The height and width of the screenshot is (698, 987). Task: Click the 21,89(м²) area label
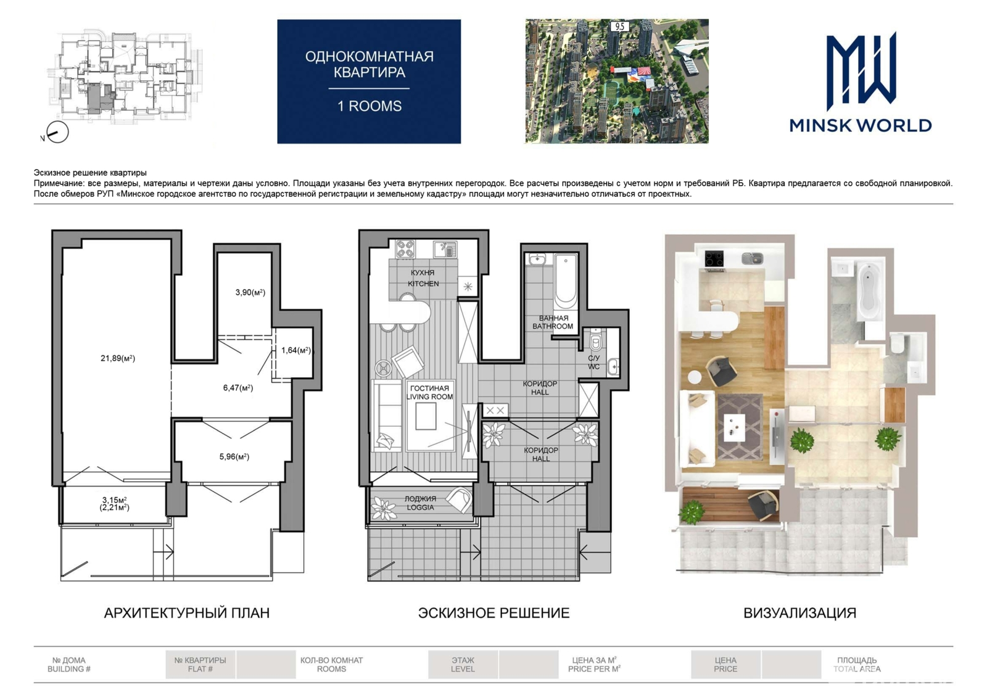tap(118, 358)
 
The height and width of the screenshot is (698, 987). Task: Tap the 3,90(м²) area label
tap(250, 292)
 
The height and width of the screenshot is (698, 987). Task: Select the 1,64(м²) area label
tap(296, 350)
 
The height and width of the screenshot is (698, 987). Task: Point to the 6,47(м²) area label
tap(238, 388)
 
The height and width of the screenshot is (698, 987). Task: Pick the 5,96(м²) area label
tap(234, 457)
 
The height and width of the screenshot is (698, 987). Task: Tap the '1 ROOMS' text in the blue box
tap(370, 106)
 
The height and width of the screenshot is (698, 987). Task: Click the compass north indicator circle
tap(58, 132)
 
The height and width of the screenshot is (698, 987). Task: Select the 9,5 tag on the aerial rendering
tap(619, 27)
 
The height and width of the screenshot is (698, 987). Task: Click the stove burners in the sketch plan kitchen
tap(405, 249)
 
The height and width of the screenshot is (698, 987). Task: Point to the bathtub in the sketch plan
tap(566, 281)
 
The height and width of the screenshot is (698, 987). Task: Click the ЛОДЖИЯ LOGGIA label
tap(420, 503)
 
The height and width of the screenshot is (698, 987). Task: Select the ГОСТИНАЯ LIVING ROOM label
tap(429, 392)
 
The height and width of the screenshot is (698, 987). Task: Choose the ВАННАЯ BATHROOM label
tap(553, 322)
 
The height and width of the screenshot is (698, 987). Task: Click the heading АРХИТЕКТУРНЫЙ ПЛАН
tap(187, 612)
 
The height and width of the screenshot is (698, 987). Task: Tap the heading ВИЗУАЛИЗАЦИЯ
tap(799, 612)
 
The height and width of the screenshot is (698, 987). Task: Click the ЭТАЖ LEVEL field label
tap(463, 665)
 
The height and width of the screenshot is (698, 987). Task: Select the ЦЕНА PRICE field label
tap(725, 665)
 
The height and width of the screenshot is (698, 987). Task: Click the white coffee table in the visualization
tap(734, 427)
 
